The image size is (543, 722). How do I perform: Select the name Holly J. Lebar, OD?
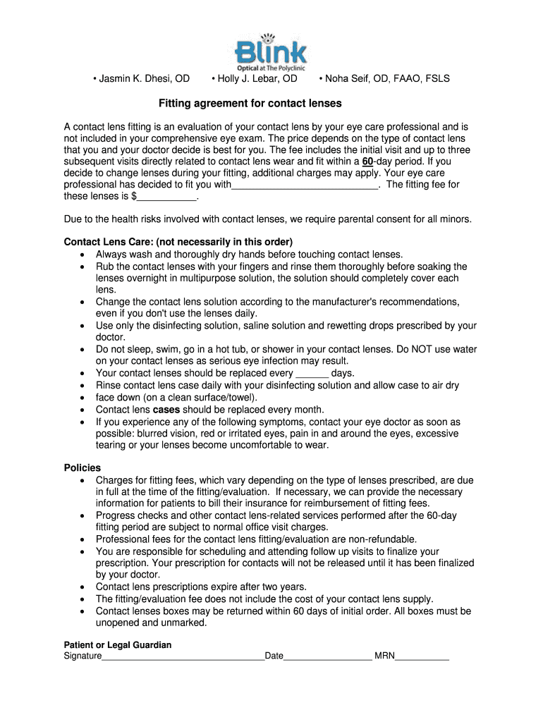pyautogui.click(x=254, y=78)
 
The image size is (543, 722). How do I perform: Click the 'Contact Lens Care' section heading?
pyautogui.click(x=178, y=242)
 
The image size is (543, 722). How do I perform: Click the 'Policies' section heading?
pyautogui.click(x=83, y=468)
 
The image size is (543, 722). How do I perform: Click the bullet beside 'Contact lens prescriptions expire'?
pyautogui.click(x=83, y=587)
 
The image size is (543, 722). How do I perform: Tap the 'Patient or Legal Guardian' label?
pyautogui.click(x=118, y=645)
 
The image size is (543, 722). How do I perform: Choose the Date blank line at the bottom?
pyautogui.click(x=328, y=656)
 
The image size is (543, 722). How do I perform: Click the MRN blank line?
pyautogui.click(x=422, y=656)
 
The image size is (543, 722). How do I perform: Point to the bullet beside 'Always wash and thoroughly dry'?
pyautogui.click(x=83, y=254)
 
